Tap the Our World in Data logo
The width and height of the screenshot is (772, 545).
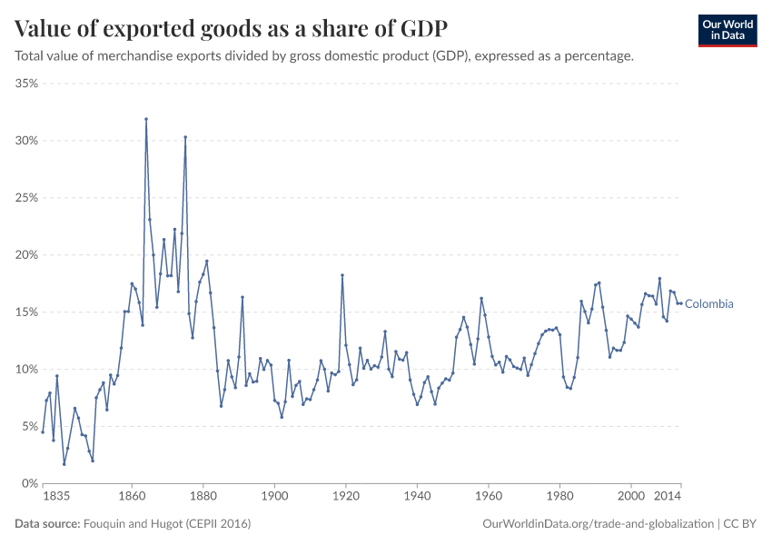[x=727, y=30]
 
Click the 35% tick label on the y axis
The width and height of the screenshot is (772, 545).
[x=25, y=84]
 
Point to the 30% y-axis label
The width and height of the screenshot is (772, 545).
[x=25, y=141]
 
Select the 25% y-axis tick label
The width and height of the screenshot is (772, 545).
[x=25, y=198]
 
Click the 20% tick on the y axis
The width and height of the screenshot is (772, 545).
[x=25, y=255]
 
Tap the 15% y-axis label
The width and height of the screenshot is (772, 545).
[x=25, y=312]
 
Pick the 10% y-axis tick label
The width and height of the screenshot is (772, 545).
[x=25, y=370]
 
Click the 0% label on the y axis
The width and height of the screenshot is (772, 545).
[x=29, y=483]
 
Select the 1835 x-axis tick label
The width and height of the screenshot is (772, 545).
[x=56, y=498]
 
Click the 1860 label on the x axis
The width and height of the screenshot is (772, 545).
[x=132, y=498]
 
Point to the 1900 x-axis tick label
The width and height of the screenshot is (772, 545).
[x=274, y=498]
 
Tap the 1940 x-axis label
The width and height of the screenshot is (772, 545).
[x=417, y=498]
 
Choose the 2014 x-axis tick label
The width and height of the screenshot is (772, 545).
[x=668, y=498]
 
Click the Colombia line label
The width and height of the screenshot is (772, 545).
[x=708, y=304]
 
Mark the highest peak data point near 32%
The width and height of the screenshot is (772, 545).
[x=146, y=119]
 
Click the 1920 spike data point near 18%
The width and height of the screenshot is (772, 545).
[x=342, y=275]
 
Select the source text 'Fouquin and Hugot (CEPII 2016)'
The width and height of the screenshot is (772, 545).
[x=167, y=524]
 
